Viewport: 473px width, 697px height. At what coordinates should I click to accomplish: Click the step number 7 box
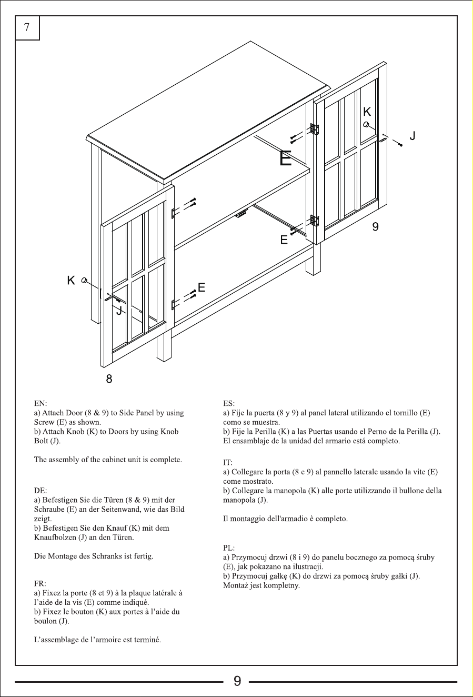(x=27, y=28)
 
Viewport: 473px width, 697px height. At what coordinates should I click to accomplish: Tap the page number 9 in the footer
(x=237, y=681)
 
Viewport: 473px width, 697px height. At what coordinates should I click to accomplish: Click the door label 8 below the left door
(x=109, y=379)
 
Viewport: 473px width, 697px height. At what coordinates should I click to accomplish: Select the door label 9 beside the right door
(x=375, y=227)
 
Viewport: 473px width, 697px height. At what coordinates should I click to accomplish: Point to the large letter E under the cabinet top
(x=285, y=158)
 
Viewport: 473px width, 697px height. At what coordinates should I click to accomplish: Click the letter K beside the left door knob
(x=71, y=281)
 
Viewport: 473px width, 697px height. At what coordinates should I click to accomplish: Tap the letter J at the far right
(x=412, y=136)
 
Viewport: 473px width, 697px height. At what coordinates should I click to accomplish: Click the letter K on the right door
(x=367, y=112)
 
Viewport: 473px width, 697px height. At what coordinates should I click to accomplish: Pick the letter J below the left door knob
(x=119, y=310)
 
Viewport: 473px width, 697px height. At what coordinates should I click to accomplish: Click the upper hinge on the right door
(x=315, y=129)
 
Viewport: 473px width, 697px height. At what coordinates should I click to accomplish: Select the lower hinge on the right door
(x=315, y=220)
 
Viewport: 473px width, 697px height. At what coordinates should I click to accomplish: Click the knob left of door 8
(x=84, y=281)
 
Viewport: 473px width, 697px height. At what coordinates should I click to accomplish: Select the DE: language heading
(x=41, y=491)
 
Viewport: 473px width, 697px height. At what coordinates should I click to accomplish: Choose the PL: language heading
(x=229, y=548)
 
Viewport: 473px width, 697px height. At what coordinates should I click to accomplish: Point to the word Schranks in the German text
(x=107, y=556)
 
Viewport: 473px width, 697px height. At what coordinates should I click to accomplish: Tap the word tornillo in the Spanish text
(x=402, y=413)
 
